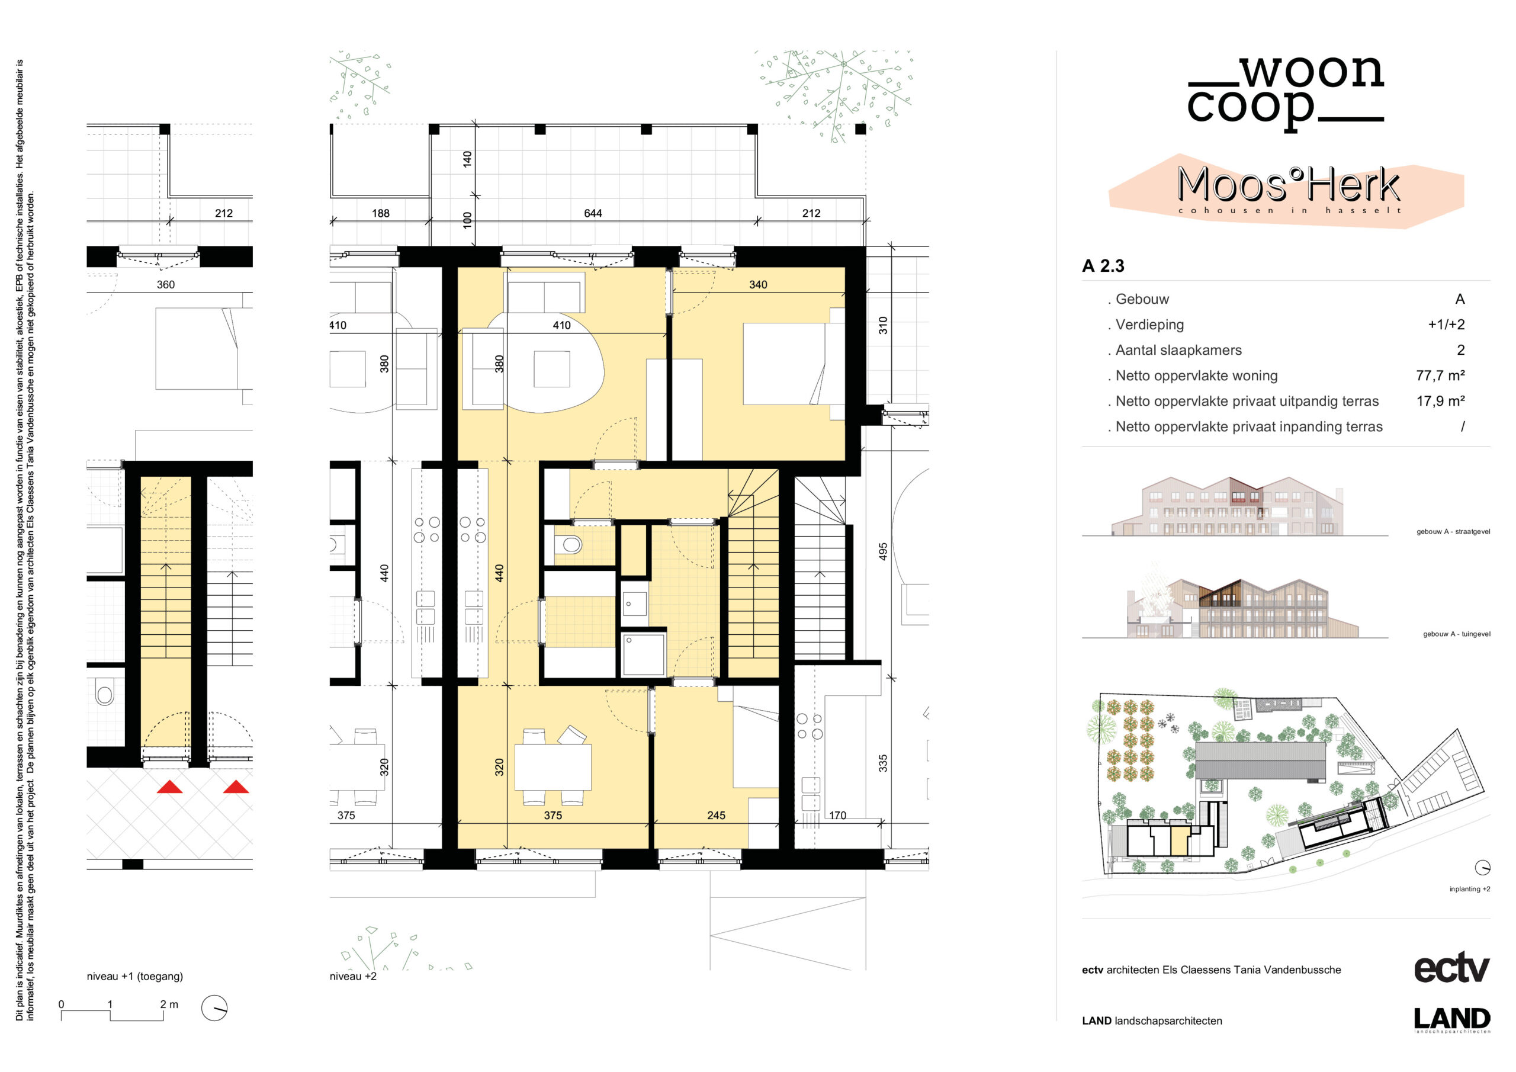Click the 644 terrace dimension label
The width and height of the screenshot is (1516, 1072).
click(592, 213)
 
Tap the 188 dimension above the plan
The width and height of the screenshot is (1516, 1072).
click(380, 213)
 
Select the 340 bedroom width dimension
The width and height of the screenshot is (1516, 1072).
click(757, 285)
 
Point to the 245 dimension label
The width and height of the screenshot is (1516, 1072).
click(716, 816)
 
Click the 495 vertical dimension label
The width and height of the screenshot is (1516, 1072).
click(883, 552)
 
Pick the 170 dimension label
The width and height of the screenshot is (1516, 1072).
click(837, 816)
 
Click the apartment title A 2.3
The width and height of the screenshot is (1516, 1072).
click(1103, 266)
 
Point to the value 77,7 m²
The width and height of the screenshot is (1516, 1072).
click(1440, 376)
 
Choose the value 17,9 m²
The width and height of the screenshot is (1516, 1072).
click(1440, 401)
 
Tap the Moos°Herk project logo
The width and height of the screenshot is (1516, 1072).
click(1287, 191)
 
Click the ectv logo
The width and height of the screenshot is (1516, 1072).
click(1451, 968)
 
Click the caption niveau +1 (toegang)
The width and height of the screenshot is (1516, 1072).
click(134, 976)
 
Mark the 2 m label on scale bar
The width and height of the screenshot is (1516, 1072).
click(169, 1004)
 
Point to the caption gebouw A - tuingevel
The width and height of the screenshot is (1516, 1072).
click(1456, 634)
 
